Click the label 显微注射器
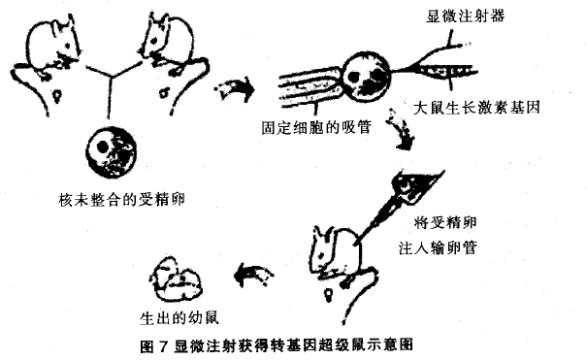(465, 16)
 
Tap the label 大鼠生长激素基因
(476, 108)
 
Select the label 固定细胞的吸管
(316, 127)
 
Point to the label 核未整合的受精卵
(121, 199)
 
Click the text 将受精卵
(445, 222)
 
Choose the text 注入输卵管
(438, 247)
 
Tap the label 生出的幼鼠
(179, 317)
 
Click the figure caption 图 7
(152, 345)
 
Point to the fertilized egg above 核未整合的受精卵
(112, 151)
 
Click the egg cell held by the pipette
(368, 77)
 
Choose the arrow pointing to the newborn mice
(253, 275)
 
